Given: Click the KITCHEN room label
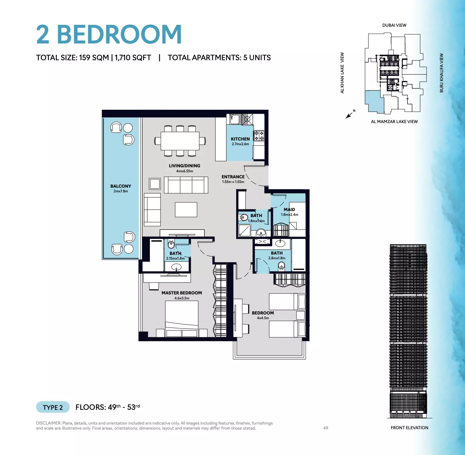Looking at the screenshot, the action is (x=240, y=139).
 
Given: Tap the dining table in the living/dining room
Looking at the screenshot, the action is (x=180, y=141).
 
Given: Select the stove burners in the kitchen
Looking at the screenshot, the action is (x=259, y=136).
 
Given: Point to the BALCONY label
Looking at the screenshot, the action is (x=121, y=186).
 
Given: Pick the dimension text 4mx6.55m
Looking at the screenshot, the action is (x=184, y=171).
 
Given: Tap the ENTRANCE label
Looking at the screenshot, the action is (x=233, y=177).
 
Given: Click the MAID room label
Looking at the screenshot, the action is (x=289, y=209).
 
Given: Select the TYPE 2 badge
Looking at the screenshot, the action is (x=53, y=407).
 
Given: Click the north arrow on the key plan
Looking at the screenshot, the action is (x=349, y=115).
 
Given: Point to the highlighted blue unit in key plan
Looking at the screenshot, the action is (x=374, y=102).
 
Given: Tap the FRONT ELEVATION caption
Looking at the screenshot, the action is (x=409, y=428).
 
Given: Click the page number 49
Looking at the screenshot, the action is (x=326, y=428).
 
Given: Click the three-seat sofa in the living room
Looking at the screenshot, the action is (x=186, y=185).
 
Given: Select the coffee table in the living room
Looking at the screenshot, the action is (x=186, y=210).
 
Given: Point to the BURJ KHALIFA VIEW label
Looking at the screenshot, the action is (x=441, y=73).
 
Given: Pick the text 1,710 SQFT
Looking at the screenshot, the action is (x=133, y=58).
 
